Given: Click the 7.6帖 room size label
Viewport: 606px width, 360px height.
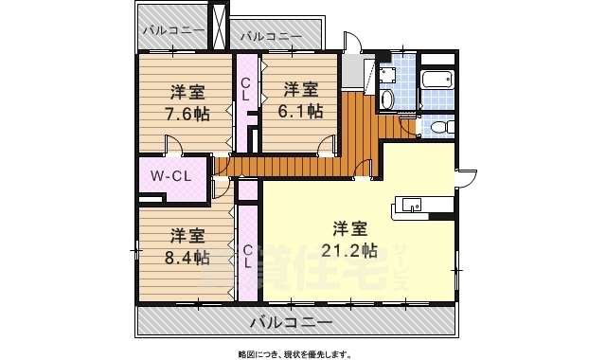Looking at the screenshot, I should [187, 113].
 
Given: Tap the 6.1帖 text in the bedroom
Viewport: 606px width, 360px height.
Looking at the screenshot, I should [302, 111].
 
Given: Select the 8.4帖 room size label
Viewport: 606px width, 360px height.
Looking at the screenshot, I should [188, 258].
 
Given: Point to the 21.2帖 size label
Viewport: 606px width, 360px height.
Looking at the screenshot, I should [355, 250].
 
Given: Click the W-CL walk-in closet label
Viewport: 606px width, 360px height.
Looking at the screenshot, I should [171, 175].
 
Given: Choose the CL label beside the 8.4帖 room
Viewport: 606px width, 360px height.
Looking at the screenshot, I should [246, 257].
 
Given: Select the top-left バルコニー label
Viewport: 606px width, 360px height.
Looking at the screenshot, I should [174, 30].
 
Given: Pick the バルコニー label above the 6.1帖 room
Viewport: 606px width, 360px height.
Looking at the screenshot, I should [271, 36].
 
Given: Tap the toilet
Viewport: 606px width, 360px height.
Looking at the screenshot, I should [437, 127].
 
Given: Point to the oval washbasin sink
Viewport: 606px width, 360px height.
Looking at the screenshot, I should [386, 99].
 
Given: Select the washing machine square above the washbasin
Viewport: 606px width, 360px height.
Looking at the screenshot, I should [386, 73].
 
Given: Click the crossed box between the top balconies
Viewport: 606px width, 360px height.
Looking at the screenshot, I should [220, 26].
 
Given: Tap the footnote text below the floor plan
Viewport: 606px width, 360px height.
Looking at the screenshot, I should [294, 354].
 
